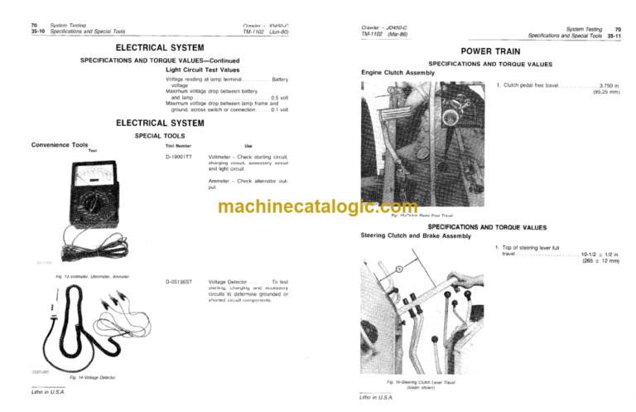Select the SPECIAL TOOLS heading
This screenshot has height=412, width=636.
[x=160, y=135]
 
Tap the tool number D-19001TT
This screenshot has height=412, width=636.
[x=178, y=156]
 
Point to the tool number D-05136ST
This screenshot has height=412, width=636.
[x=179, y=282]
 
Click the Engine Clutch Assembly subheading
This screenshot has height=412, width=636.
[x=397, y=73]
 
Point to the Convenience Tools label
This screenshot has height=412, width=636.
[x=59, y=145]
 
